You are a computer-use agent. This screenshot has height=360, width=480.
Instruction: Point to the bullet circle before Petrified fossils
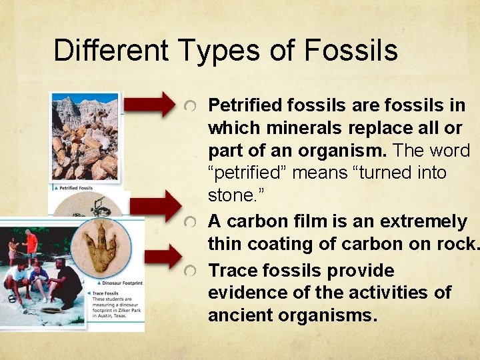pyautogui.click(x=191, y=107)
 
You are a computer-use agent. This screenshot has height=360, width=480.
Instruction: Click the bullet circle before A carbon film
pyautogui.click(x=191, y=222)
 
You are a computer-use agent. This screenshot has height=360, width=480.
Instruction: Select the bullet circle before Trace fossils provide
pyautogui.click(x=191, y=271)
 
